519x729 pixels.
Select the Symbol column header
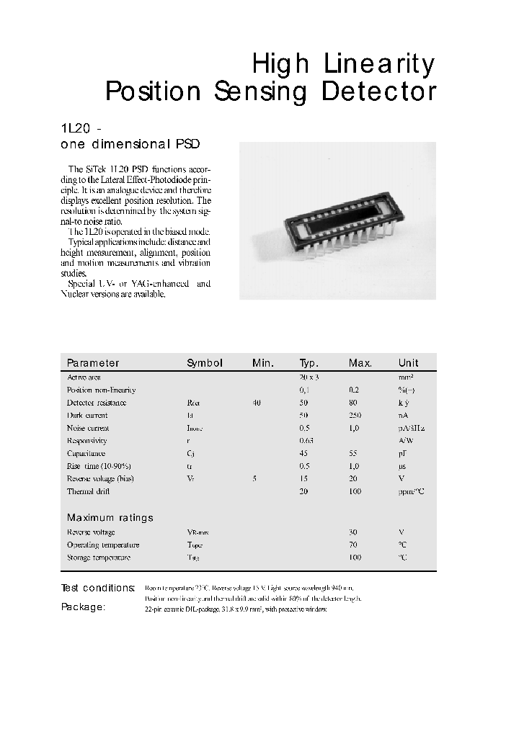pos(205,363)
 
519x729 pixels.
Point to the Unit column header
pos(408,363)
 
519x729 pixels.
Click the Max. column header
pos(360,363)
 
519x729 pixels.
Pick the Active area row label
pos(84,377)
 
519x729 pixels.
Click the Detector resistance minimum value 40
pos(257,403)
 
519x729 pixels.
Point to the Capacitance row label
pos(86,454)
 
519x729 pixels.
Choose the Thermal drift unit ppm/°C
pos(412,492)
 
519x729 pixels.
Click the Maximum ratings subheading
pos(110,518)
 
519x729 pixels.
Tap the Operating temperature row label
pos(103,545)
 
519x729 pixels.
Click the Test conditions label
pos(98,588)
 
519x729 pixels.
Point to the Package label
pos(83,607)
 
